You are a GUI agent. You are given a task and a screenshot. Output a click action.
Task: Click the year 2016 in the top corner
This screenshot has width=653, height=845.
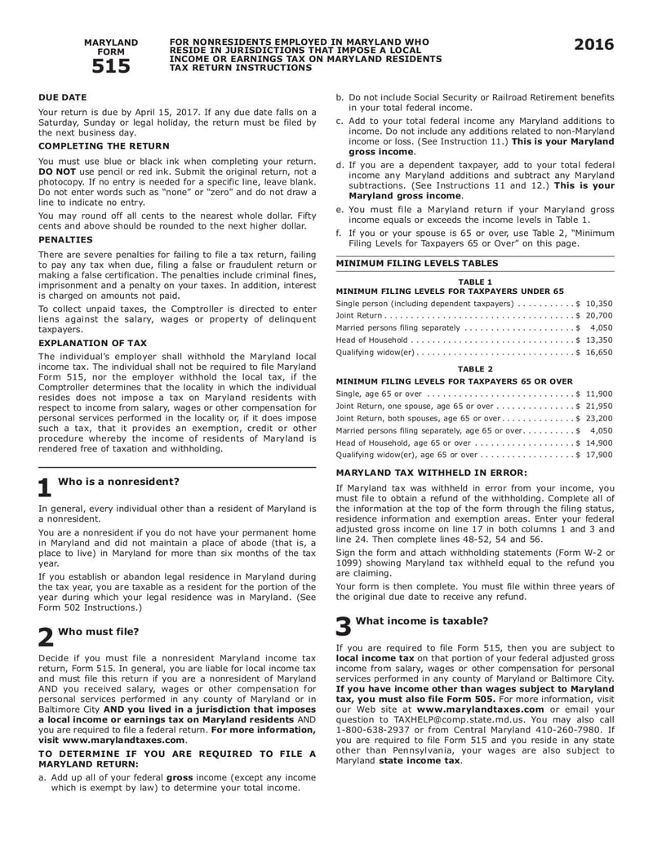pos(593,46)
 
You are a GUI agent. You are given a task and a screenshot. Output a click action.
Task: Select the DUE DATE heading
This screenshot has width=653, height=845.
pos(63,97)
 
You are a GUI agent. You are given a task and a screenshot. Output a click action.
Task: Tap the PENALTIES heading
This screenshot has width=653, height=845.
pos(65,240)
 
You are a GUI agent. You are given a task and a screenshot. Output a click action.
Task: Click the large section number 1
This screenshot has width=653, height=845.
pos(46,487)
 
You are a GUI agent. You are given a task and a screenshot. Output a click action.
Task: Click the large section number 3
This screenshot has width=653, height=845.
pos(344,625)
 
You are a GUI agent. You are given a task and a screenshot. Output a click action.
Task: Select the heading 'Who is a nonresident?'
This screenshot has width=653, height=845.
pos(119,481)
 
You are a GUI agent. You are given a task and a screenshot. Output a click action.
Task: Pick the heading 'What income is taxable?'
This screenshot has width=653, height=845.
pos(422,620)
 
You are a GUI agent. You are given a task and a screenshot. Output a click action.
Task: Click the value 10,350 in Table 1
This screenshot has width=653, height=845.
pos(599,303)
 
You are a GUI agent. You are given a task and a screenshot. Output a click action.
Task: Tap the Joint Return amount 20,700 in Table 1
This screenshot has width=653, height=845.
pos(599,315)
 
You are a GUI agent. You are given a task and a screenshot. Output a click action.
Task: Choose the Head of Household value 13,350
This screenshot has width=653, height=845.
pos(599,340)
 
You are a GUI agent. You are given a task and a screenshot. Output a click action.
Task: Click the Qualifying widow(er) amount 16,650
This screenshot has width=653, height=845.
pos(599,352)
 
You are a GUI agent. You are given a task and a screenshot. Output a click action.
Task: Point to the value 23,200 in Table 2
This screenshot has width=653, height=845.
pos(599,417)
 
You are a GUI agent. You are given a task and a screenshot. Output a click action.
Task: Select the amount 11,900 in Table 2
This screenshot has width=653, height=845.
pos(599,394)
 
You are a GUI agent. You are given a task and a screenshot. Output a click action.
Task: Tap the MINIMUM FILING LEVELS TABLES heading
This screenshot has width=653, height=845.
pos(416,263)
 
